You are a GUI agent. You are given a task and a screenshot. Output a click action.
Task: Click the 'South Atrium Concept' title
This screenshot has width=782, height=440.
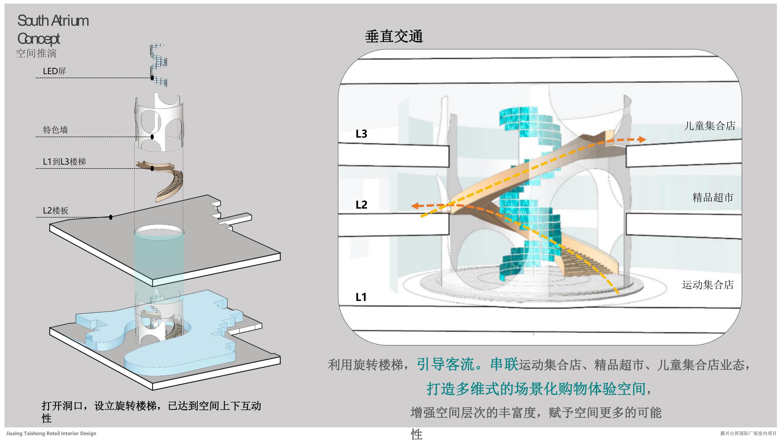[x=53, y=30]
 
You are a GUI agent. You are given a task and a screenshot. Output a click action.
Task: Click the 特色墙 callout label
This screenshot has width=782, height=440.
[x=55, y=130]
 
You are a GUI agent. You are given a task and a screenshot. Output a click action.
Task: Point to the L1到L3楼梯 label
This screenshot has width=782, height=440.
[x=64, y=162]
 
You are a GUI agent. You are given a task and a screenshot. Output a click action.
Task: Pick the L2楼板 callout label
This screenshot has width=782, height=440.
[x=55, y=211]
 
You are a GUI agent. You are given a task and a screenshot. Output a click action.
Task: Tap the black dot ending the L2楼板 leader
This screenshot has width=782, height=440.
[x=111, y=217]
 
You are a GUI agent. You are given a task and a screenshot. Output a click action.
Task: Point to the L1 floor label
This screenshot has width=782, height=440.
[x=361, y=297]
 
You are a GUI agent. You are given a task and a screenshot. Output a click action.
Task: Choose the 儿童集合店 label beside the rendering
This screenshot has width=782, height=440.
[x=709, y=126]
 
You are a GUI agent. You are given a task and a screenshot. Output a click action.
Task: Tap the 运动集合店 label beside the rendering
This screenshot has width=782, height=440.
[x=708, y=285]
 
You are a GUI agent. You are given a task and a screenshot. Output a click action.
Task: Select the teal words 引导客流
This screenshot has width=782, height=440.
[x=445, y=364]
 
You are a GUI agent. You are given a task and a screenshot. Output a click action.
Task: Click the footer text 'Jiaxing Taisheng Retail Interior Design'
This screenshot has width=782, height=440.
[x=51, y=433]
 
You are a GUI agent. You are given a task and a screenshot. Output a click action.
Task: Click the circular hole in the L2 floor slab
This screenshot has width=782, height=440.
[x=159, y=231]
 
